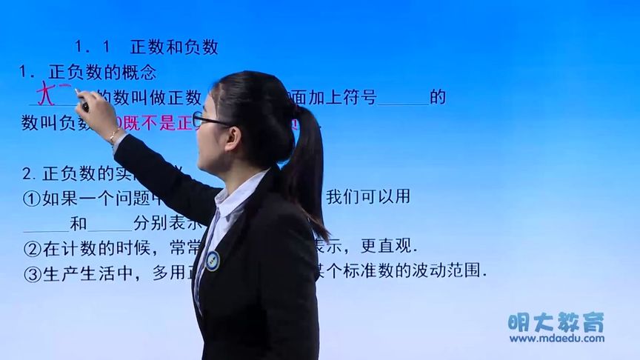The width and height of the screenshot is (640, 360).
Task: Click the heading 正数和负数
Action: click(174, 47)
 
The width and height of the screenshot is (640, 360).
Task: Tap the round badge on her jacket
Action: click(213, 260)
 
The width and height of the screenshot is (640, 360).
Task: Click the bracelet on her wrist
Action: click(113, 136)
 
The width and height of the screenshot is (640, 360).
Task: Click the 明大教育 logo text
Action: click(556, 322)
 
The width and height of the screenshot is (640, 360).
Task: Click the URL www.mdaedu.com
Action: click(556, 339)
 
